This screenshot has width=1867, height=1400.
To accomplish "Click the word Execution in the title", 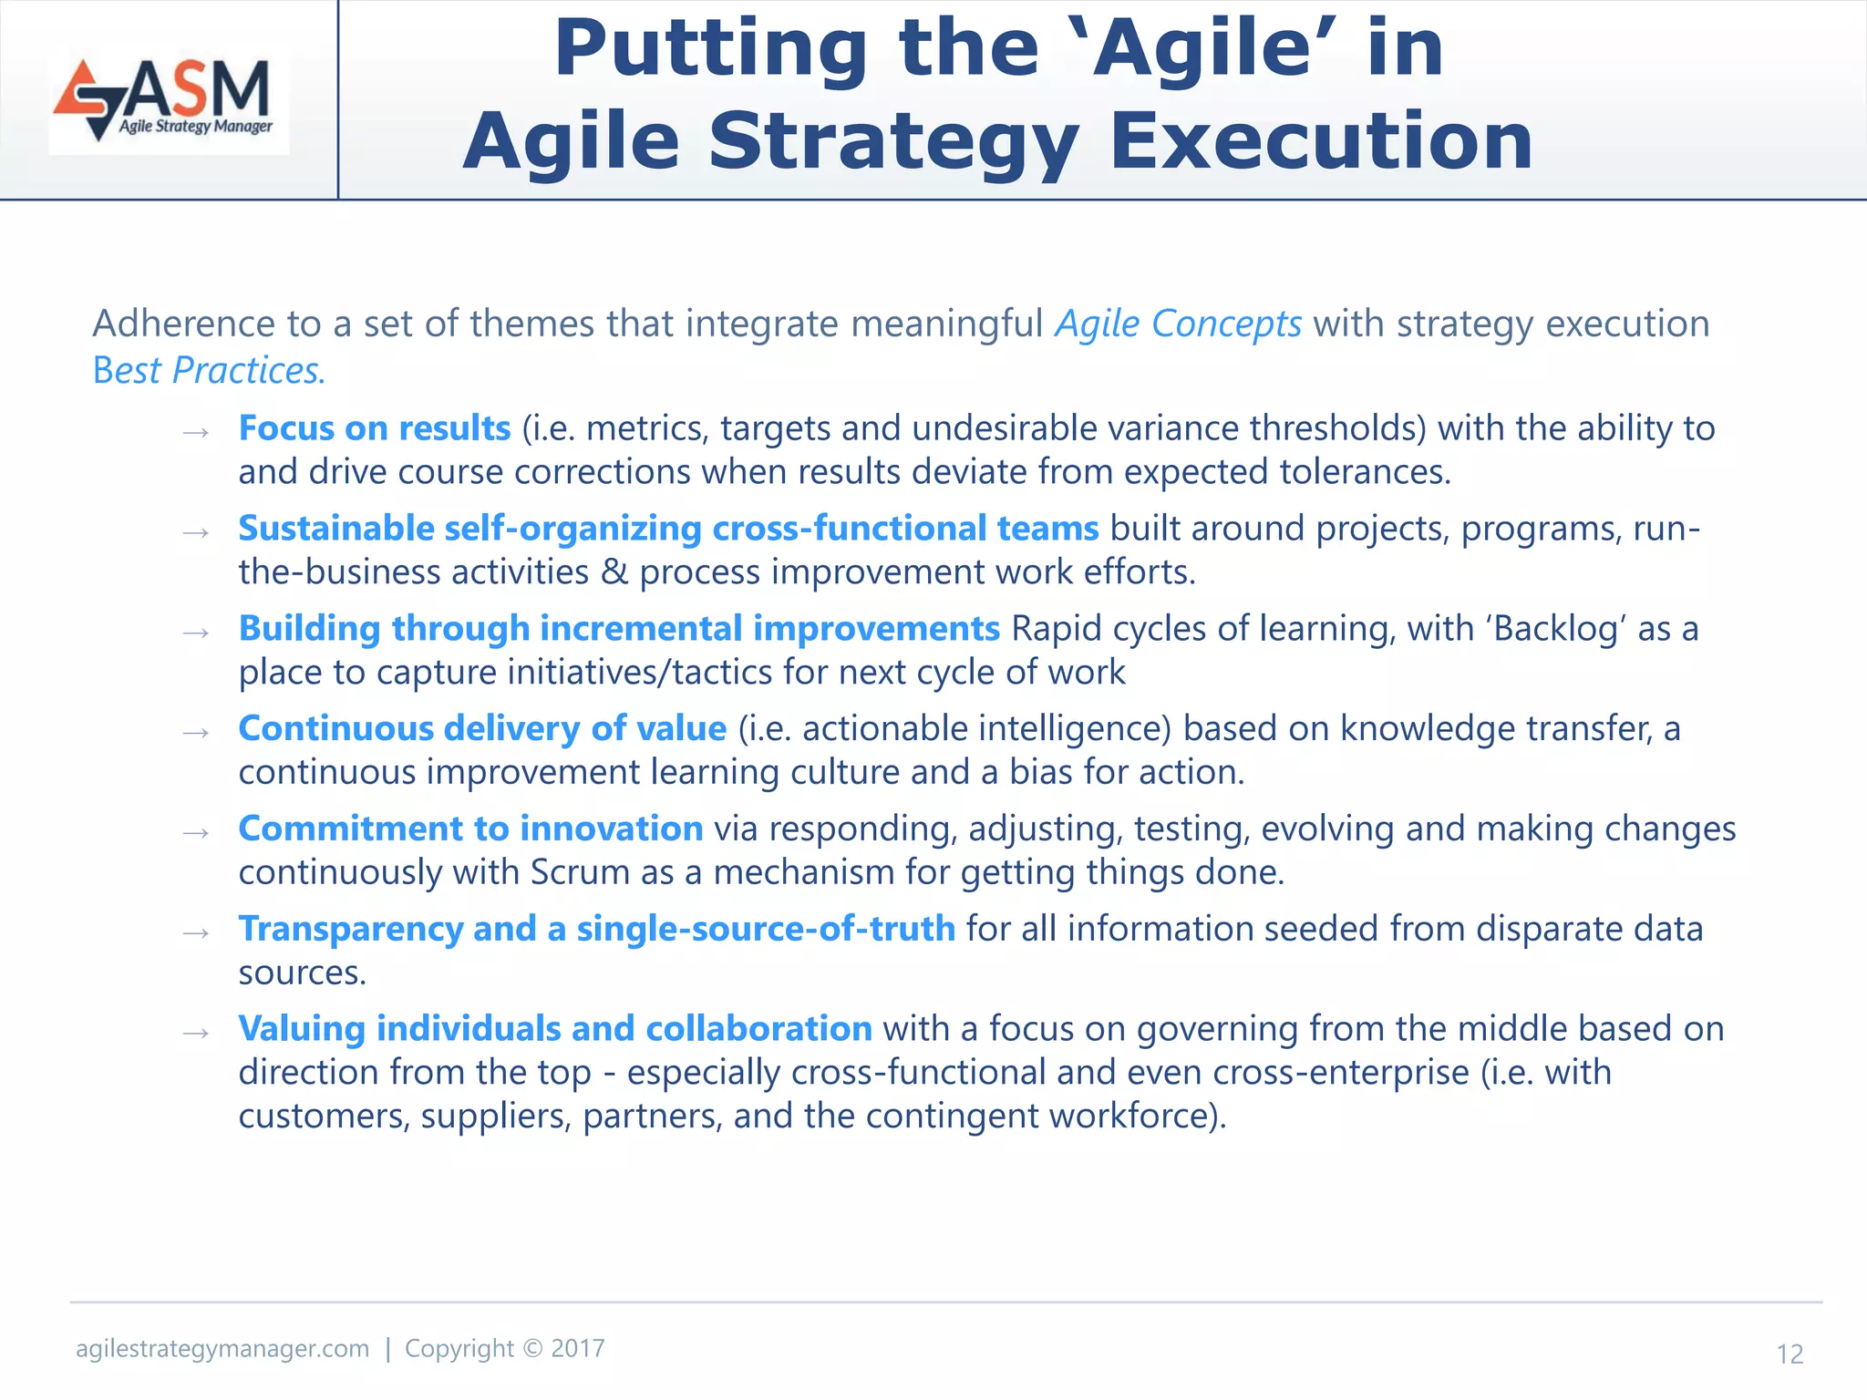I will click(x=1321, y=141).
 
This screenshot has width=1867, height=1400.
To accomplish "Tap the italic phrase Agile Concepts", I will click(x=1178, y=324).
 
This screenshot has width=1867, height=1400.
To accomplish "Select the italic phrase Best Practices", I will click(x=209, y=371).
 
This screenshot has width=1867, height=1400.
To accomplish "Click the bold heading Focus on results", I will click(x=374, y=428).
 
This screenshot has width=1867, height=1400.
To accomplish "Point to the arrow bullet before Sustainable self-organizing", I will click(x=196, y=532).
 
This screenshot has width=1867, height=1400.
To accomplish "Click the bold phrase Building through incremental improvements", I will click(x=619, y=629).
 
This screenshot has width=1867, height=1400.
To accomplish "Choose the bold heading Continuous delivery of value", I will click(x=482, y=729).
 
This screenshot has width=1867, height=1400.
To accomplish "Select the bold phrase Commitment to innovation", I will click(x=470, y=829).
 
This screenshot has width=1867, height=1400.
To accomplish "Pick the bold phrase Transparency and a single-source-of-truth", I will click(x=596, y=930).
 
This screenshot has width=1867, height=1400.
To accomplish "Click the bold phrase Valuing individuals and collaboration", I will click(x=555, y=1029).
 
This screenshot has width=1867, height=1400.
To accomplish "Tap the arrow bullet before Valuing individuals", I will click(x=196, y=1033).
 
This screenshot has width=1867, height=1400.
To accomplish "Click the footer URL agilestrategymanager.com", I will click(x=222, y=1349).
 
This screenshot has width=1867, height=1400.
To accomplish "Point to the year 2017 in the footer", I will click(x=578, y=1349).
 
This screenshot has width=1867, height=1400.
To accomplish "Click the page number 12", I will click(x=1790, y=1354).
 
